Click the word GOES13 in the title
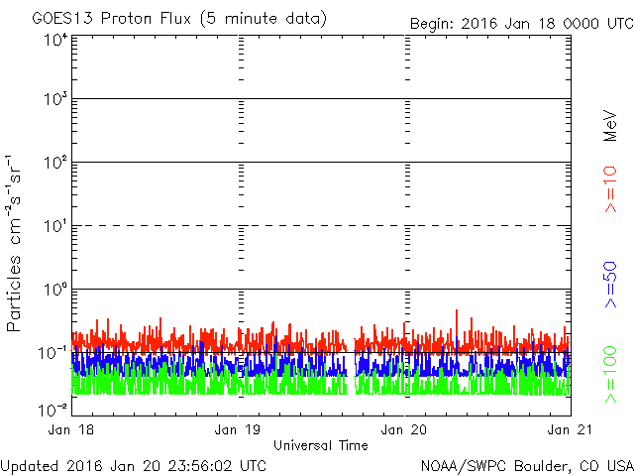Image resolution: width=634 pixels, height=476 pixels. coord(60,19)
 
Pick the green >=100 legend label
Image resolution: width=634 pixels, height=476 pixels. coord(611,375)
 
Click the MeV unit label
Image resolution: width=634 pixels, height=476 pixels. coord(611,127)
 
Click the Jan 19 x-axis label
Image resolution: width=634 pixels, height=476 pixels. coord(239,429)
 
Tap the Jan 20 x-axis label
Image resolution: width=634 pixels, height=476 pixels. coord(405,429)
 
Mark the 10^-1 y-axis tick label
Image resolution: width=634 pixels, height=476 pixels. coord(53,352)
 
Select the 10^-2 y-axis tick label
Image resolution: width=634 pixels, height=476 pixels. coord(53,408)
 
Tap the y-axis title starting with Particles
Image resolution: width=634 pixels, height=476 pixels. coord(16,243)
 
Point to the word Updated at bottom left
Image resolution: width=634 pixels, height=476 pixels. coord(30,465)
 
